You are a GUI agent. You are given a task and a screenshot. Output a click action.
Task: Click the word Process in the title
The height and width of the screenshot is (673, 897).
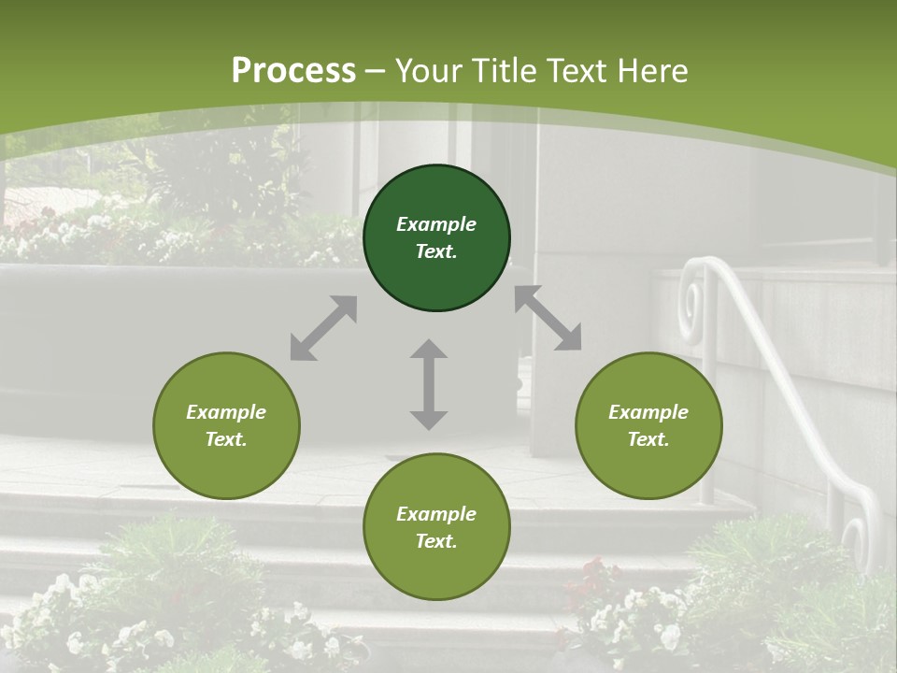(293, 71)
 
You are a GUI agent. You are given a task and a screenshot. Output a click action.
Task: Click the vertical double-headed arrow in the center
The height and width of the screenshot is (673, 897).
(429, 384)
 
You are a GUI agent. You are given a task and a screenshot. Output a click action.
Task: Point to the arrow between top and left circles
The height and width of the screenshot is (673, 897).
(323, 328)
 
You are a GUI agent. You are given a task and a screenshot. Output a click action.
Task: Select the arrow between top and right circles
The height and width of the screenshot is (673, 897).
(548, 319)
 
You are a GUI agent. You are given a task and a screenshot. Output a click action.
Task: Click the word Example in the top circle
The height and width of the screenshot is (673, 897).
(436, 224)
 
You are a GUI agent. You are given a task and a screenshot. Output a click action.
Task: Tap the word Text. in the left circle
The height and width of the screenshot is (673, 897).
(226, 439)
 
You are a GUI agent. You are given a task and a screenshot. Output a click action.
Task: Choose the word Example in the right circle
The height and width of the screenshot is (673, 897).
(648, 412)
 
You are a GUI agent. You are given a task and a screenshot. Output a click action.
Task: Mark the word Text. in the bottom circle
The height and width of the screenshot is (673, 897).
(436, 541)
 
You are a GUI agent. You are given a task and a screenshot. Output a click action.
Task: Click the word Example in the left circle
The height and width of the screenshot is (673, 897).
(226, 412)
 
